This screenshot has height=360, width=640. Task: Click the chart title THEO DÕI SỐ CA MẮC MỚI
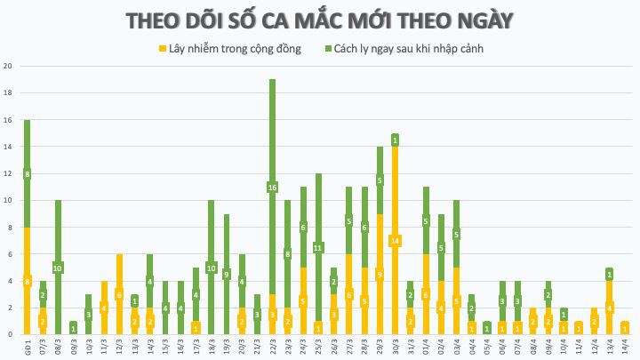(319, 20)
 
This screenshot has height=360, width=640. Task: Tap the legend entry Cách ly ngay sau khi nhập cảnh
(410, 48)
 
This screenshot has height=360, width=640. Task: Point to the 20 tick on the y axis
(7, 67)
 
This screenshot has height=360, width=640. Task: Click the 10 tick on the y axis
(7, 201)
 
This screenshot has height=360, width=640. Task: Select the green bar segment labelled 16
(272, 187)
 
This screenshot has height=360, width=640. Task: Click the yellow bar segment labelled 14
(395, 241)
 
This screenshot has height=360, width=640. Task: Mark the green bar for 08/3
(58, 267)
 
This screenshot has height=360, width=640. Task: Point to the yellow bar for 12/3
(119, 294)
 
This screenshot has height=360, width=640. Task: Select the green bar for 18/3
(212, 267)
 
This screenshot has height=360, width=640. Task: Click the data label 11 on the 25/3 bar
(317, 248)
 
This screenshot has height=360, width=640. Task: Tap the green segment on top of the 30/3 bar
(395, 140)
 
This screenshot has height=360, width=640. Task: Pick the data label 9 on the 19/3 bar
(227, 275)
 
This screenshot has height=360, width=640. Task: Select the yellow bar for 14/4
(625, 328)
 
